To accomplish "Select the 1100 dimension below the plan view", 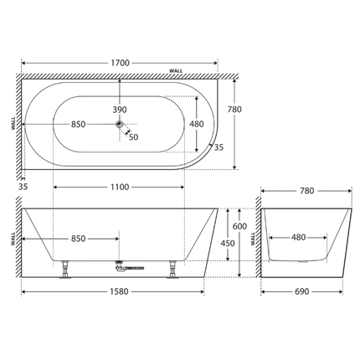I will (x=120, y=187).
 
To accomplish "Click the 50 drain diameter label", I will (x=133, y=137).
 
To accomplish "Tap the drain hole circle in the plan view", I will (x=121, y=125).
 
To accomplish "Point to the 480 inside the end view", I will (x=297, y=238).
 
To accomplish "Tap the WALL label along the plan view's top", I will (x=177, y=71).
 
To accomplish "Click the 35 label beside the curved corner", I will (x=219, y=147).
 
